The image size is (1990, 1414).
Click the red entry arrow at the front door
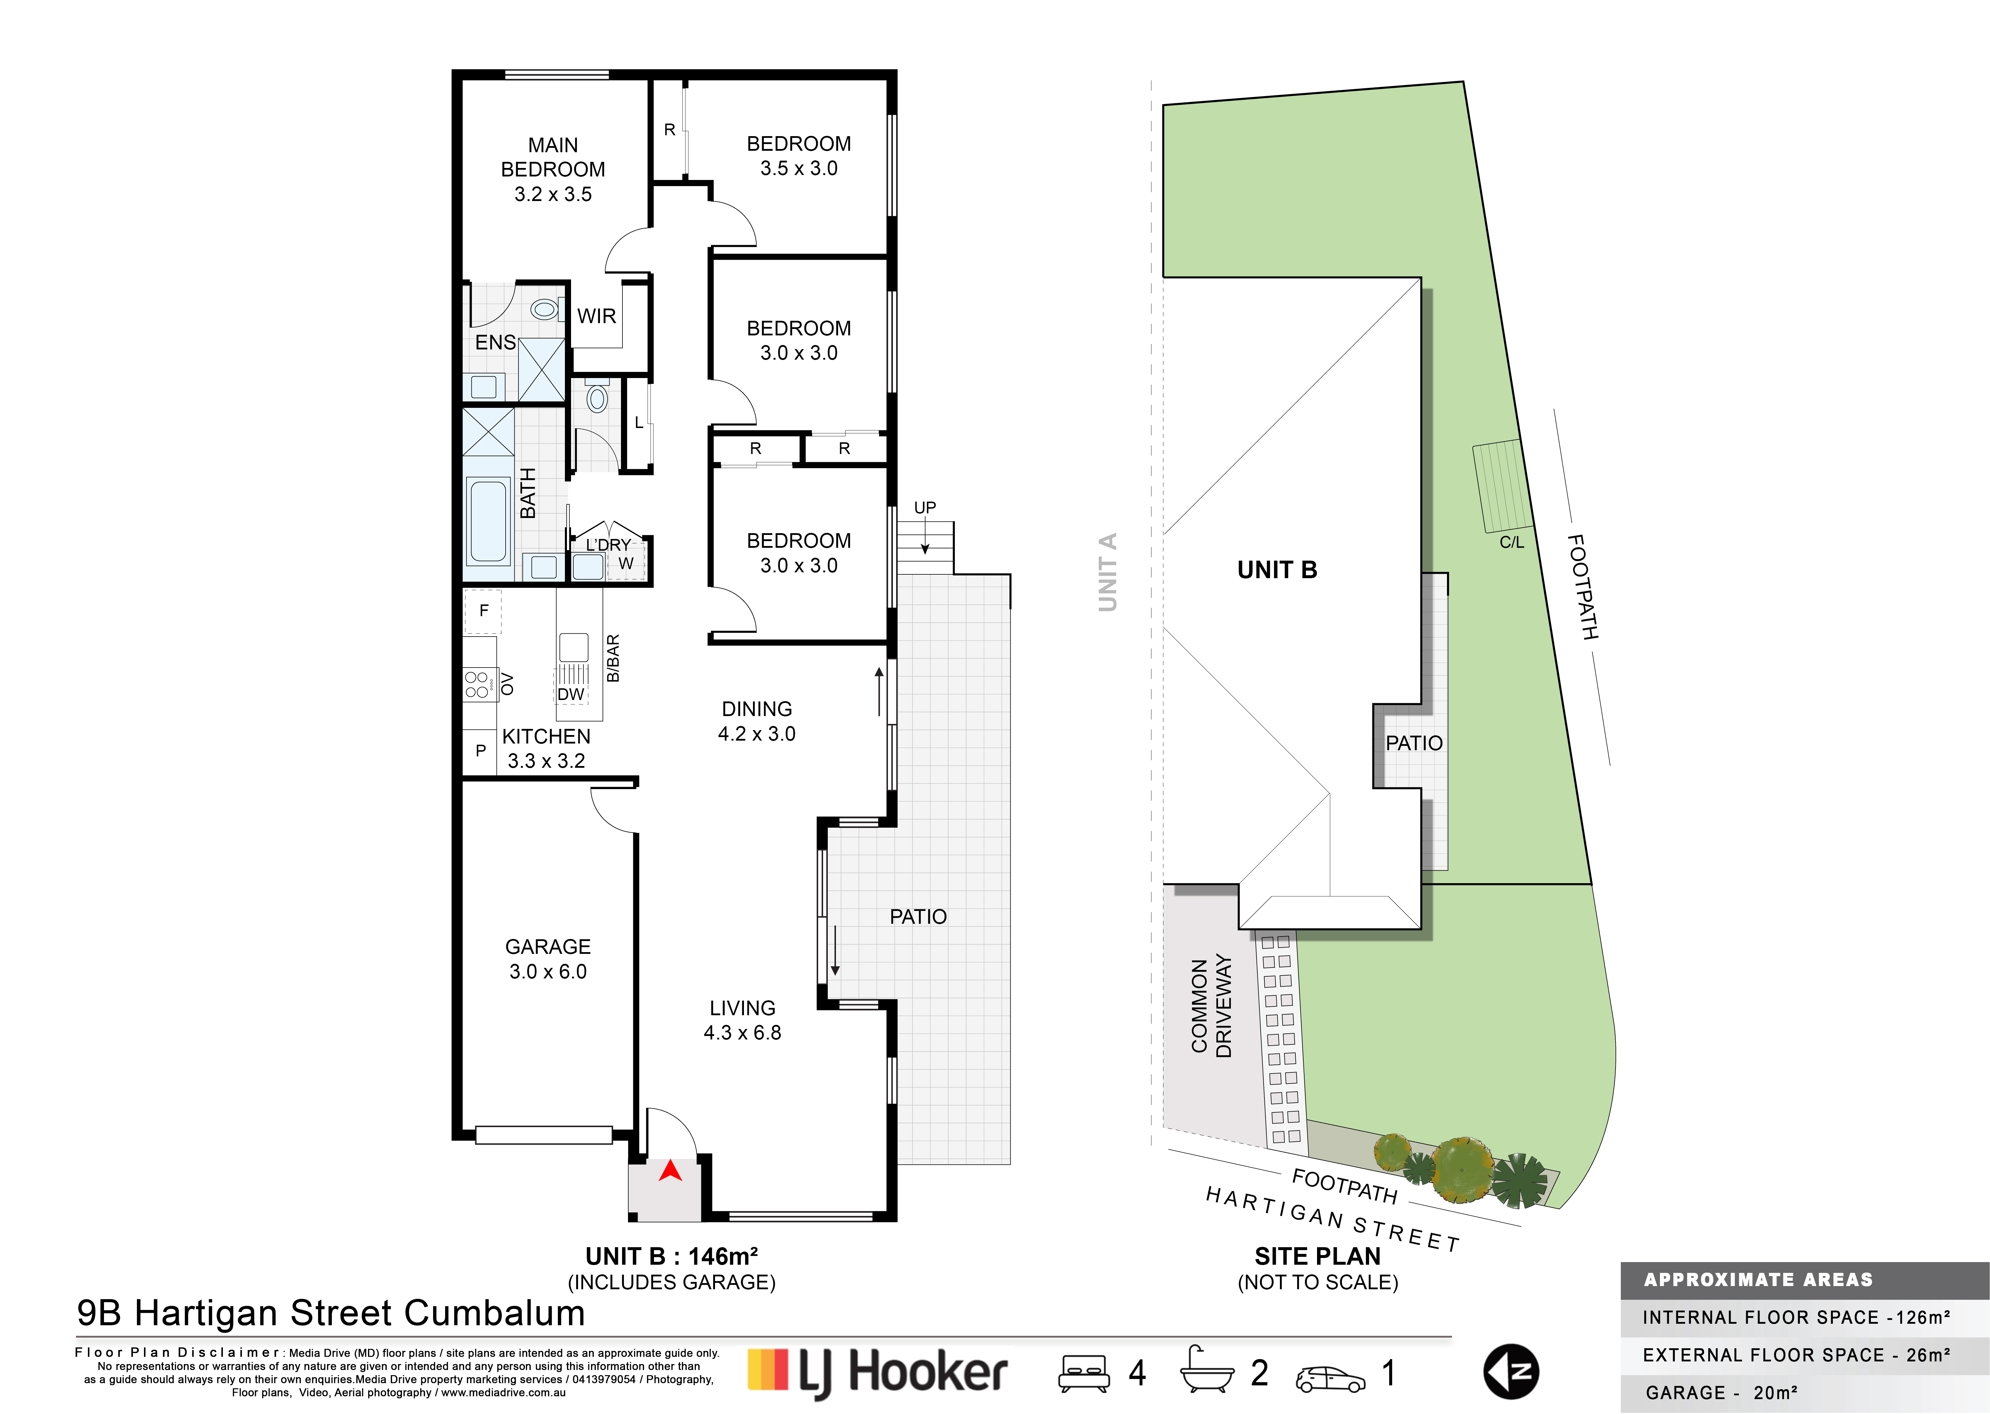pyautogui.click(x=669, y=1172)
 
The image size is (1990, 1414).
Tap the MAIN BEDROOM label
pyautogui.click(x=553, y=157)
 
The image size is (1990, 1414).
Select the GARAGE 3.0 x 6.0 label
pyautogui.click(x=548, y=959)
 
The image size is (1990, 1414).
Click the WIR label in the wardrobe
pyautogui.click(x=596, y=316)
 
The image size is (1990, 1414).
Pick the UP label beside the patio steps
pyautogui.click(x=924, y=508)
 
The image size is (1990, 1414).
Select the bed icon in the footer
pyautogui.click(x=1084, y=1373)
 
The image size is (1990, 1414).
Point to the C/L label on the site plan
pyautogui.click(x=1511, y=543)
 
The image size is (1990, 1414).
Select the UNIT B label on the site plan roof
pyautogui.click(x=1277, y=570)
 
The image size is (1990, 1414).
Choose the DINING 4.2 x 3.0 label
pyautogui.click(x=757, y=721)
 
